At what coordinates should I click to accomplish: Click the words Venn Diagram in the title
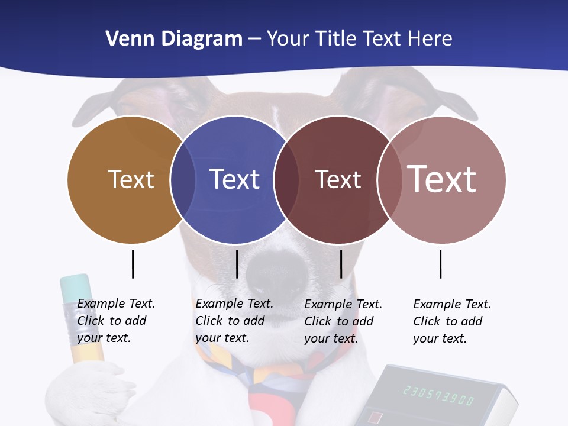coord(174,39)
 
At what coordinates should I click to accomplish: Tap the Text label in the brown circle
coord(131,179)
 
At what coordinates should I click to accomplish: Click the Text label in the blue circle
coord(235,179)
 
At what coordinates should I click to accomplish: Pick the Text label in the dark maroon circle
coord(338,179)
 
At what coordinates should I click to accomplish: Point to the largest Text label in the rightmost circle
coord(442,179)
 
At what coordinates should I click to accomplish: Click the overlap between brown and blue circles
coord(183,179)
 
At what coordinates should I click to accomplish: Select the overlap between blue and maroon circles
coord(286,179)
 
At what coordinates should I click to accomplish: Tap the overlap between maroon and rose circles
coord(389,179)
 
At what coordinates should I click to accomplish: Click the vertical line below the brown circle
coord(133,264)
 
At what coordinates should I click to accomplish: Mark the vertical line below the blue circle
coord(237,264)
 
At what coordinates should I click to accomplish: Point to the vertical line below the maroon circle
coord(341,264)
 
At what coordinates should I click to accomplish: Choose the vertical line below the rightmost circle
coord(440,264)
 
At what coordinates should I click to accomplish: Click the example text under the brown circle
coord(115,321)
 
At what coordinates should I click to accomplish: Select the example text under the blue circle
coord(234,321)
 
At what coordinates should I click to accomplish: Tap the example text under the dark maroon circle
coord(343,321)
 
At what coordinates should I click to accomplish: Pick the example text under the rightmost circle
coord(451,321)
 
